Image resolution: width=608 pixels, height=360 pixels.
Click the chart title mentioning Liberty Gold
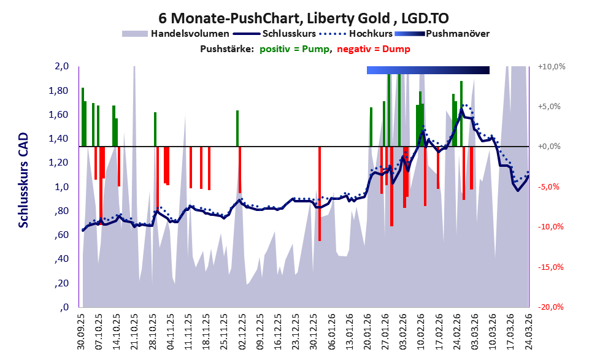point(304,18)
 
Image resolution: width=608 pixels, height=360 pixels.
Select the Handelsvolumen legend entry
point(175,34)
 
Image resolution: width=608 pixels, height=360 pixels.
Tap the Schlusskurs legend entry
point(274,34)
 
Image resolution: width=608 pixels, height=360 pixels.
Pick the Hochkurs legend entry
point(356,34)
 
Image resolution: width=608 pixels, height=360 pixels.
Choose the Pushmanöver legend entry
point(442,34)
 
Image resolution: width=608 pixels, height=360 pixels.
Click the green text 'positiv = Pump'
point(294,49)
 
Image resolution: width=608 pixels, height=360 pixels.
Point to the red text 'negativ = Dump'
point(374,49)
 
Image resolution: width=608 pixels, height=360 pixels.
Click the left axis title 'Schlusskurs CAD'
point(24,180)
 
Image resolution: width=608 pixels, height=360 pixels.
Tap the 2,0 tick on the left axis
point(61,66)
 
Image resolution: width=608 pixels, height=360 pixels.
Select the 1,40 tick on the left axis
point(60,139)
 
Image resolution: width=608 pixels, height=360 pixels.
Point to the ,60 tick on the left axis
point(61,236)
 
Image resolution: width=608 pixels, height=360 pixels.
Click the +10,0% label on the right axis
point(552,67)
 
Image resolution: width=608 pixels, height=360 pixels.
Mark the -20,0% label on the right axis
point(550,307)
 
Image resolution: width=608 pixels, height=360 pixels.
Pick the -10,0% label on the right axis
point(550,227)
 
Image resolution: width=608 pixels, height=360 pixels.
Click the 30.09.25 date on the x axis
point(81,332)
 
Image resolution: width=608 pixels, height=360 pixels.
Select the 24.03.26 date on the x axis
point(528,332)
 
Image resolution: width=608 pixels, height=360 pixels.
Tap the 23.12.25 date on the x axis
point(296,332)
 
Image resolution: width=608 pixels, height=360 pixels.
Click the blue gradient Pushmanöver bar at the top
point(428,70)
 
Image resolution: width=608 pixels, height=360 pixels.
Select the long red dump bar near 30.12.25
point(320,194)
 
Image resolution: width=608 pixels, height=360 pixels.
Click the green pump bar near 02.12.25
point(237,129)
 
